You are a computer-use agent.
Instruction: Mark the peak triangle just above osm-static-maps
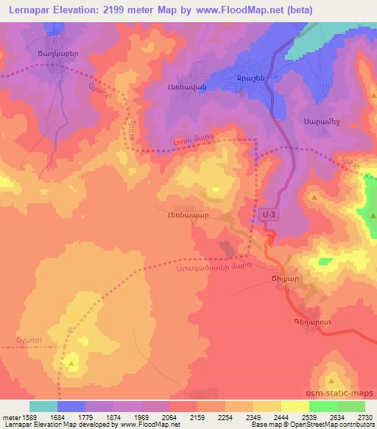331,380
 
